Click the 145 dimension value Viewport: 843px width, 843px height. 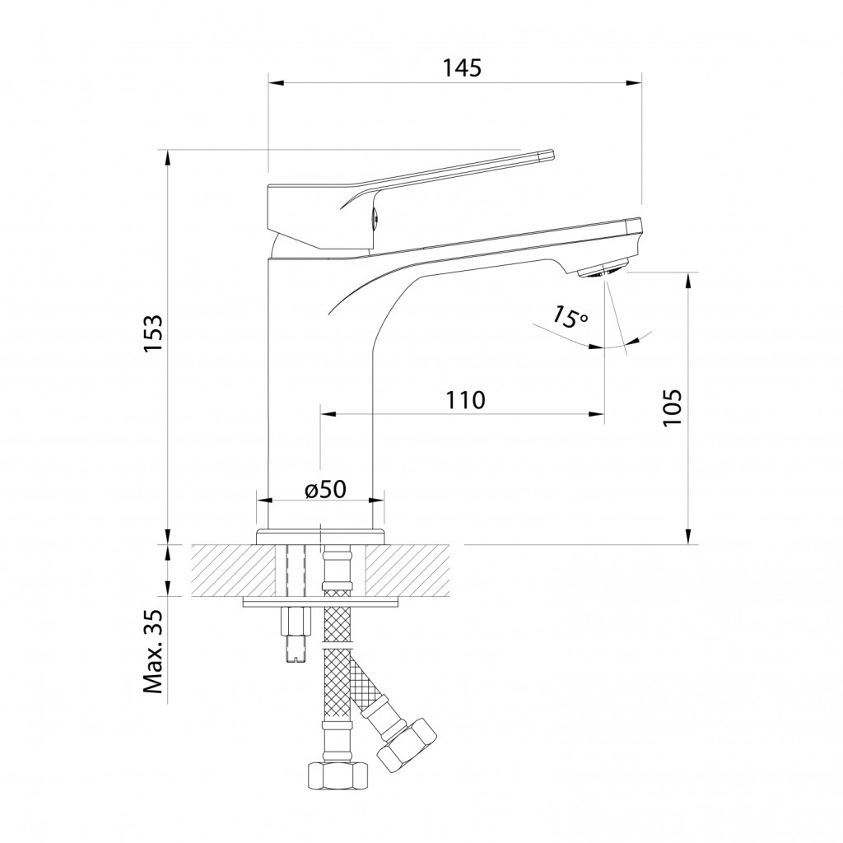point(462,68)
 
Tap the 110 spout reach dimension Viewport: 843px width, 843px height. point(465,400)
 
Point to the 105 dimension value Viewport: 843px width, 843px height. point(672,407)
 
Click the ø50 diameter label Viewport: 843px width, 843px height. point(325,489)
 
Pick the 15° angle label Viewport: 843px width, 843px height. point(570,317)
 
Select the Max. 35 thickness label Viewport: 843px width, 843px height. point(152,651)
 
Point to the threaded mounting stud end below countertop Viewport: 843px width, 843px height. point(296,649)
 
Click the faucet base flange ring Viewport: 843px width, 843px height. point(321,537)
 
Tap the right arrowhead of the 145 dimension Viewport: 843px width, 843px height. point(635,83)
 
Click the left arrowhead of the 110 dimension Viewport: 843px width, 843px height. point(328,414)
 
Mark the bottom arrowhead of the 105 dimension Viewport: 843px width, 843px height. point(687,536)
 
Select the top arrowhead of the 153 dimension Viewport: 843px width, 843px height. point(168,158)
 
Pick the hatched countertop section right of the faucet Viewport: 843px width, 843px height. point(408,570)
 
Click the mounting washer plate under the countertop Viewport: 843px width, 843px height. point(322,602)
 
